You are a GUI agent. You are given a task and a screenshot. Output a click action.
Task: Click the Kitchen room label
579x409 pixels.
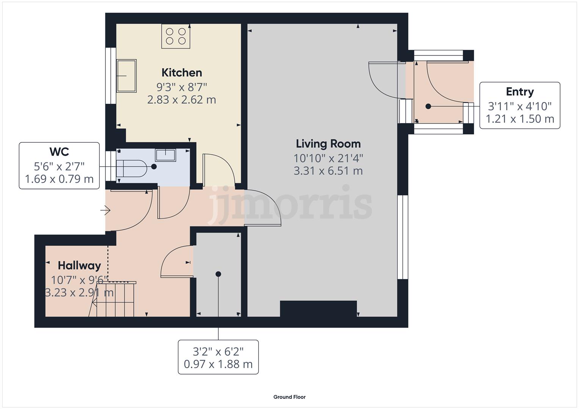tap(182, 73)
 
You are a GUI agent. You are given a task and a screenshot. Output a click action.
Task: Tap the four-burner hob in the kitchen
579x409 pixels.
tap(176, 36)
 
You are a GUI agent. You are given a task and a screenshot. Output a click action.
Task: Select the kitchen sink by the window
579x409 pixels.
tap(126, 76)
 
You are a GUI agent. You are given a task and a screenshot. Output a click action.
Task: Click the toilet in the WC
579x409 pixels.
tap(131, 168)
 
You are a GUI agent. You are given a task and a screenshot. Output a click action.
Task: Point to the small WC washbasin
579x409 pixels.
tap(165, 155)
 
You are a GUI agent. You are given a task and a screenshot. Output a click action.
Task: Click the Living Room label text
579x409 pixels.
tap(328, 144)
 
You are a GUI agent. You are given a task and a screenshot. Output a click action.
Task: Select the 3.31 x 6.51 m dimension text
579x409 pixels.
tap(328, 171)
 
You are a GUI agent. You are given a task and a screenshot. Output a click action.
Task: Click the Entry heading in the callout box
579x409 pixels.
tap(519, 92)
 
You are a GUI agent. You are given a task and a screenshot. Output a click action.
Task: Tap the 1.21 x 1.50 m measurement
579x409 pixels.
tap(519, 119)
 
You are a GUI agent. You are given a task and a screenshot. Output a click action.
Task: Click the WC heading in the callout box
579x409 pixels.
tap(59, 152)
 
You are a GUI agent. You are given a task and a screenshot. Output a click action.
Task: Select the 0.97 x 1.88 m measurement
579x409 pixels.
tap(218, 364)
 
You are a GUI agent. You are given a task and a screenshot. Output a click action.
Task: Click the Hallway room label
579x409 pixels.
tap(79, 265)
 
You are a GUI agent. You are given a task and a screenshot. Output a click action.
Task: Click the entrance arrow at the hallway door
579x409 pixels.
tap(106, 210)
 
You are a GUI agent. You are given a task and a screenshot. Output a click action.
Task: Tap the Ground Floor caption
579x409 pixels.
tap(289, 397)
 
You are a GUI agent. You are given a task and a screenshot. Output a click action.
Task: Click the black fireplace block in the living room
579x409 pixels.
tap(318, 308)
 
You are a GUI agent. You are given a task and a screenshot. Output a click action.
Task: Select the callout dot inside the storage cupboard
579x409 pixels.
tap(218, 274)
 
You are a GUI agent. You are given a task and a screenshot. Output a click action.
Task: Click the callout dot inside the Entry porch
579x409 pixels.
tap(428, 106)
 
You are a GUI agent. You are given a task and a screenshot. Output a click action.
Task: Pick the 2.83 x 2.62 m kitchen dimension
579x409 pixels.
tap(182, 100)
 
